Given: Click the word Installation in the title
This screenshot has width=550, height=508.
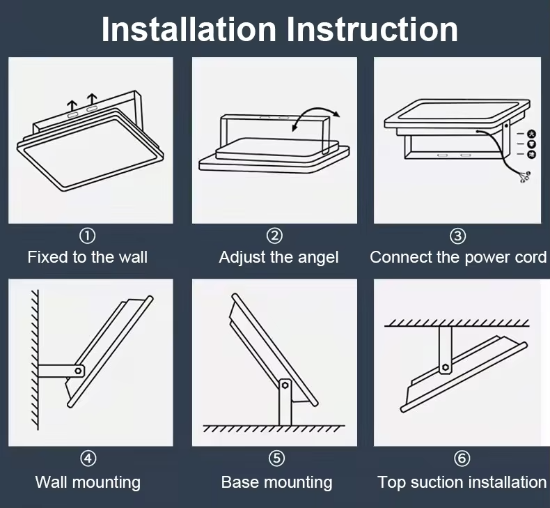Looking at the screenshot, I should click(x=189, y=29).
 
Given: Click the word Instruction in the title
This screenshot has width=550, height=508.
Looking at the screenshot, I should click(x=372, y=29).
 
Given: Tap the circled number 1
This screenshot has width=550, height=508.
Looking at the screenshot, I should click(x=88, y=236).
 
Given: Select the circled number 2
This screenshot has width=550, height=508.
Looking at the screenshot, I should click(x=275, y=236).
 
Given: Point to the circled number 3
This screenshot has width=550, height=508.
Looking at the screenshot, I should click(x=458, y=236).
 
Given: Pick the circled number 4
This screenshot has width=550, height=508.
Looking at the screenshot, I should click(x=88, y=459).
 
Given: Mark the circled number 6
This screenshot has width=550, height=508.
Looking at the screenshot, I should click(x=462, y=459).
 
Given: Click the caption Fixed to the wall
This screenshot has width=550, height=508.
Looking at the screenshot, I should click(x=88, y=257).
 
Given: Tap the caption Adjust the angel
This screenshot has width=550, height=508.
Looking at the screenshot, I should click(x=278, y=257).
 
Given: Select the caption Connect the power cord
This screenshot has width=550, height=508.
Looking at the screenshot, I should click(x=458, y=257).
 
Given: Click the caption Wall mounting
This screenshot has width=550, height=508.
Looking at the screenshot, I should click(x=88, y=482).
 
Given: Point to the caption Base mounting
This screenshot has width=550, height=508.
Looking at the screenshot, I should click(x=276, y=482).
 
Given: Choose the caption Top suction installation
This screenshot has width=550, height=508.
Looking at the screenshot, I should click(x=462, y=482).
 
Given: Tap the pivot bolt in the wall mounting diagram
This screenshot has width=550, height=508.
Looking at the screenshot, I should click(x=79, y=371).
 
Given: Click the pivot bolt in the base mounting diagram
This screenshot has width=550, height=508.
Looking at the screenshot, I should click(x=284, y=384).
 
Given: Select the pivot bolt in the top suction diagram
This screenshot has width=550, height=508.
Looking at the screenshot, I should click(x=445, y=367).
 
